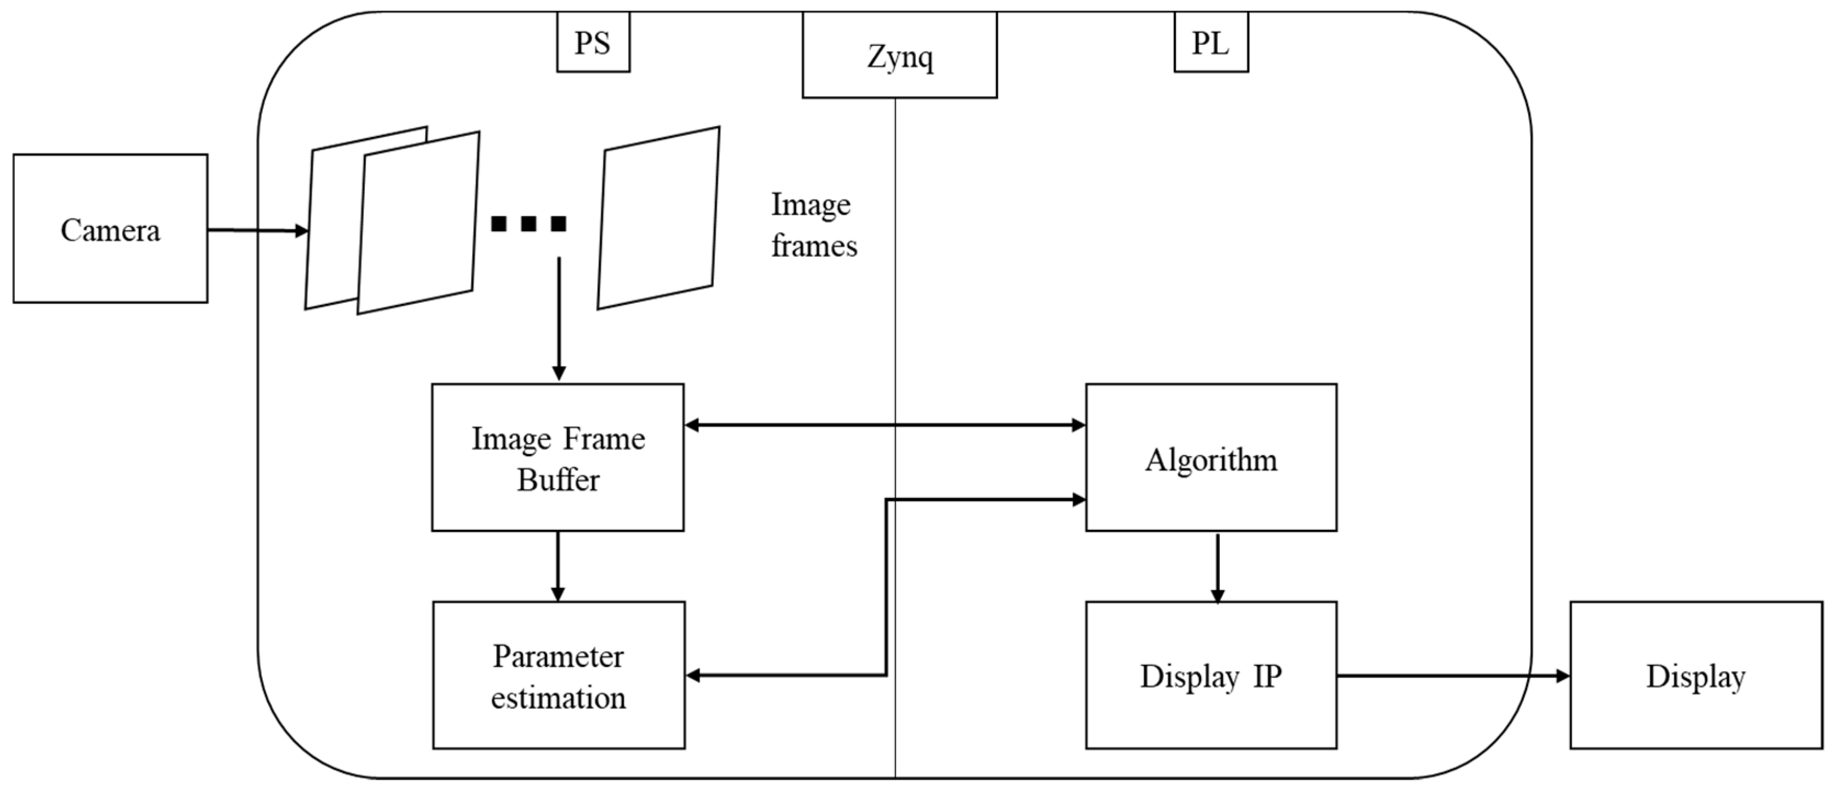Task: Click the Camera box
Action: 110,228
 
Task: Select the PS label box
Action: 593,43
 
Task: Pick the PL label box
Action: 1211,43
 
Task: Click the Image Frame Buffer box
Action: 558,458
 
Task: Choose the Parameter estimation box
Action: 559,675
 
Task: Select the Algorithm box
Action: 1211,458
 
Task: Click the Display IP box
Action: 1211,675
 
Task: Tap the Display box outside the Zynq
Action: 1696,675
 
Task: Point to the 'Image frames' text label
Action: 814,225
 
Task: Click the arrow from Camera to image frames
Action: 257,230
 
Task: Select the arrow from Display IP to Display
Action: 1453,675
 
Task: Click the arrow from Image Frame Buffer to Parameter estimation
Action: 558,566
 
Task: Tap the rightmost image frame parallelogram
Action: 659,218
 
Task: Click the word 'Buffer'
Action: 558,479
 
